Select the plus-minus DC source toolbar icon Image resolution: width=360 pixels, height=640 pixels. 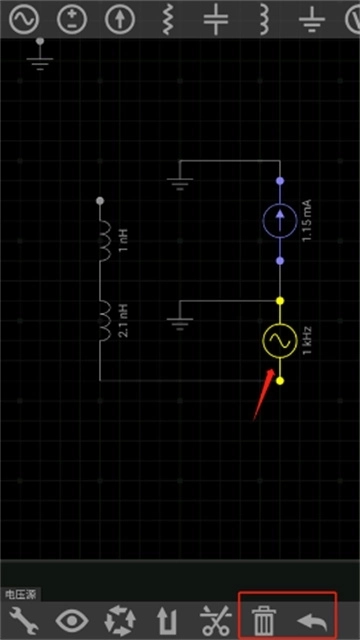click(x=72, y=18)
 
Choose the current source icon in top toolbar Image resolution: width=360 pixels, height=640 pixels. click(x=120, y=18)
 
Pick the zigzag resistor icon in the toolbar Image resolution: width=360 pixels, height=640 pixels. click(x=169, y=18)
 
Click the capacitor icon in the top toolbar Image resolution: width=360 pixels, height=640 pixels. click(x=216, y=18)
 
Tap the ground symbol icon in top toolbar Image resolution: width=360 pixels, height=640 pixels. click(x=313, y=18)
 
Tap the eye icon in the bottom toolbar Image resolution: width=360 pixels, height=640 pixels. click(x=71, y=619)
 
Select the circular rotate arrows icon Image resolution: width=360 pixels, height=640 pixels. click(x=119, y=619)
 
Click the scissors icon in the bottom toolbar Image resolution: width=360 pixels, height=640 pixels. click(x=214, y=619)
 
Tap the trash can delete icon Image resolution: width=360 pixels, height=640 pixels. click(x=263, y=619)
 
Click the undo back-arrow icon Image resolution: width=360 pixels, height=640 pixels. click(x=311, y=619)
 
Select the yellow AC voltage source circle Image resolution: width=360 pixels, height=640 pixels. click(x=280, y=341)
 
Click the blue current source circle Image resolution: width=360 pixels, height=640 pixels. click(x=280, y=220)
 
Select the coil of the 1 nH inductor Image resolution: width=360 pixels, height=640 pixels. click(x=104, y=241)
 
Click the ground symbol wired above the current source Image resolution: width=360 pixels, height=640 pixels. click(x=180, y=183)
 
